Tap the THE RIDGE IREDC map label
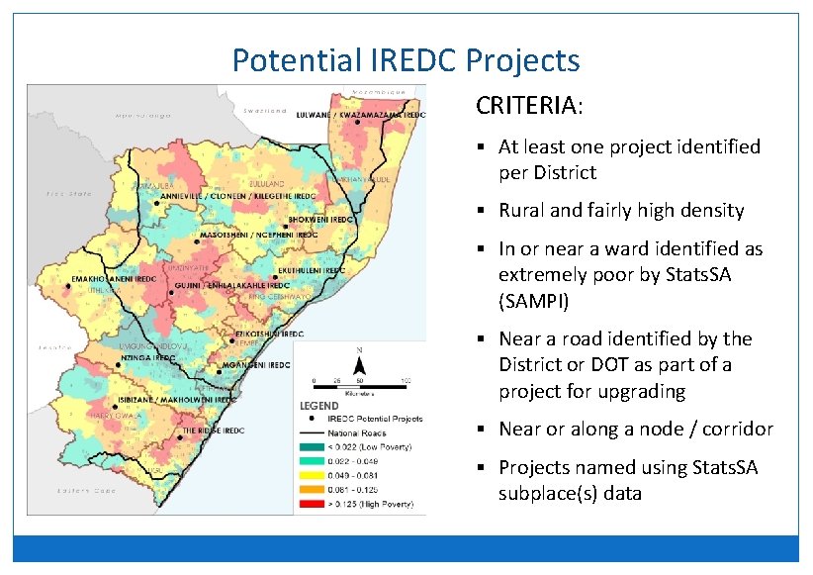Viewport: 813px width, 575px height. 213,431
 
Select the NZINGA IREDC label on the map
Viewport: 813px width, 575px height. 148,356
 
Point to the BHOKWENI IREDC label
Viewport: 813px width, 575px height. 320,219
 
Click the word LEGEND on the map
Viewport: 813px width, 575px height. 318,406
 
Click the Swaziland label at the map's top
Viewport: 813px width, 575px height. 262,110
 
